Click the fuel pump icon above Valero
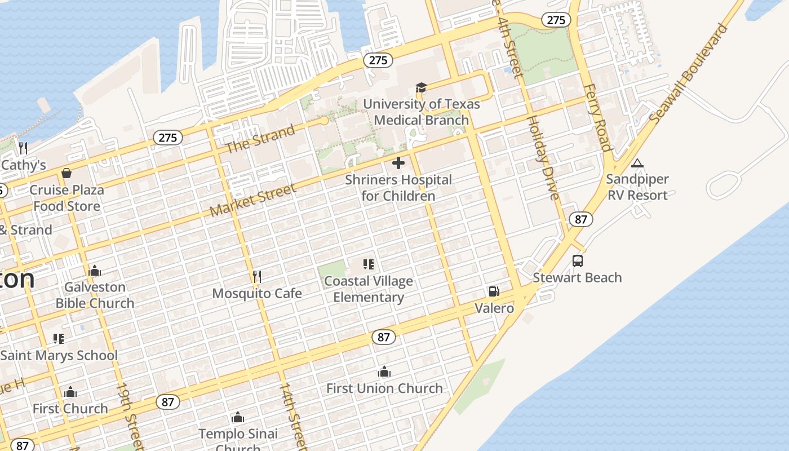(494, 291)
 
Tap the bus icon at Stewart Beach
(578, 261)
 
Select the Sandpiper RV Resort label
(637, 187)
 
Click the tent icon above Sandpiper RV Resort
(637, 163)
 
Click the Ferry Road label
(597, 118)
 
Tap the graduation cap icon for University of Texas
(421, 87)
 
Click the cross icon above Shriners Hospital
(398, 163)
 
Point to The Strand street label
(260, 139)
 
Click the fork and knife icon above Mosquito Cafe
(257, 277)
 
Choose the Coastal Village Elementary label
(369, 289)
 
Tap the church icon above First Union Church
(384, 372)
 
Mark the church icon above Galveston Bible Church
(95, 271)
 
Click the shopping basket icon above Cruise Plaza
(67, 173)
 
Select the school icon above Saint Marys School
(59, 339)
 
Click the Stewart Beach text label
(578, 277)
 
